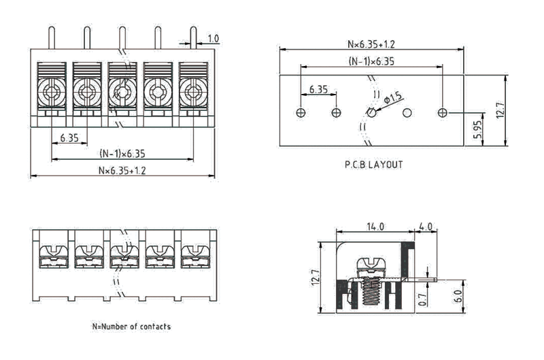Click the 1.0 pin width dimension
213,39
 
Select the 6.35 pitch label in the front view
69,137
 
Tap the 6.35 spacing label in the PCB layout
318,89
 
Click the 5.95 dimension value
477,129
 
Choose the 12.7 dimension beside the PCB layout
500,111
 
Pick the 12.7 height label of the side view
315,277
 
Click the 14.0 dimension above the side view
376,226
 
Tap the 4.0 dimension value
426,226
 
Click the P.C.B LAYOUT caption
373,165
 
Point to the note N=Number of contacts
131,326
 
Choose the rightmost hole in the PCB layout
443,112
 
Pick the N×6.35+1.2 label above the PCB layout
371,44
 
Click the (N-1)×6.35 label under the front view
122,154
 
